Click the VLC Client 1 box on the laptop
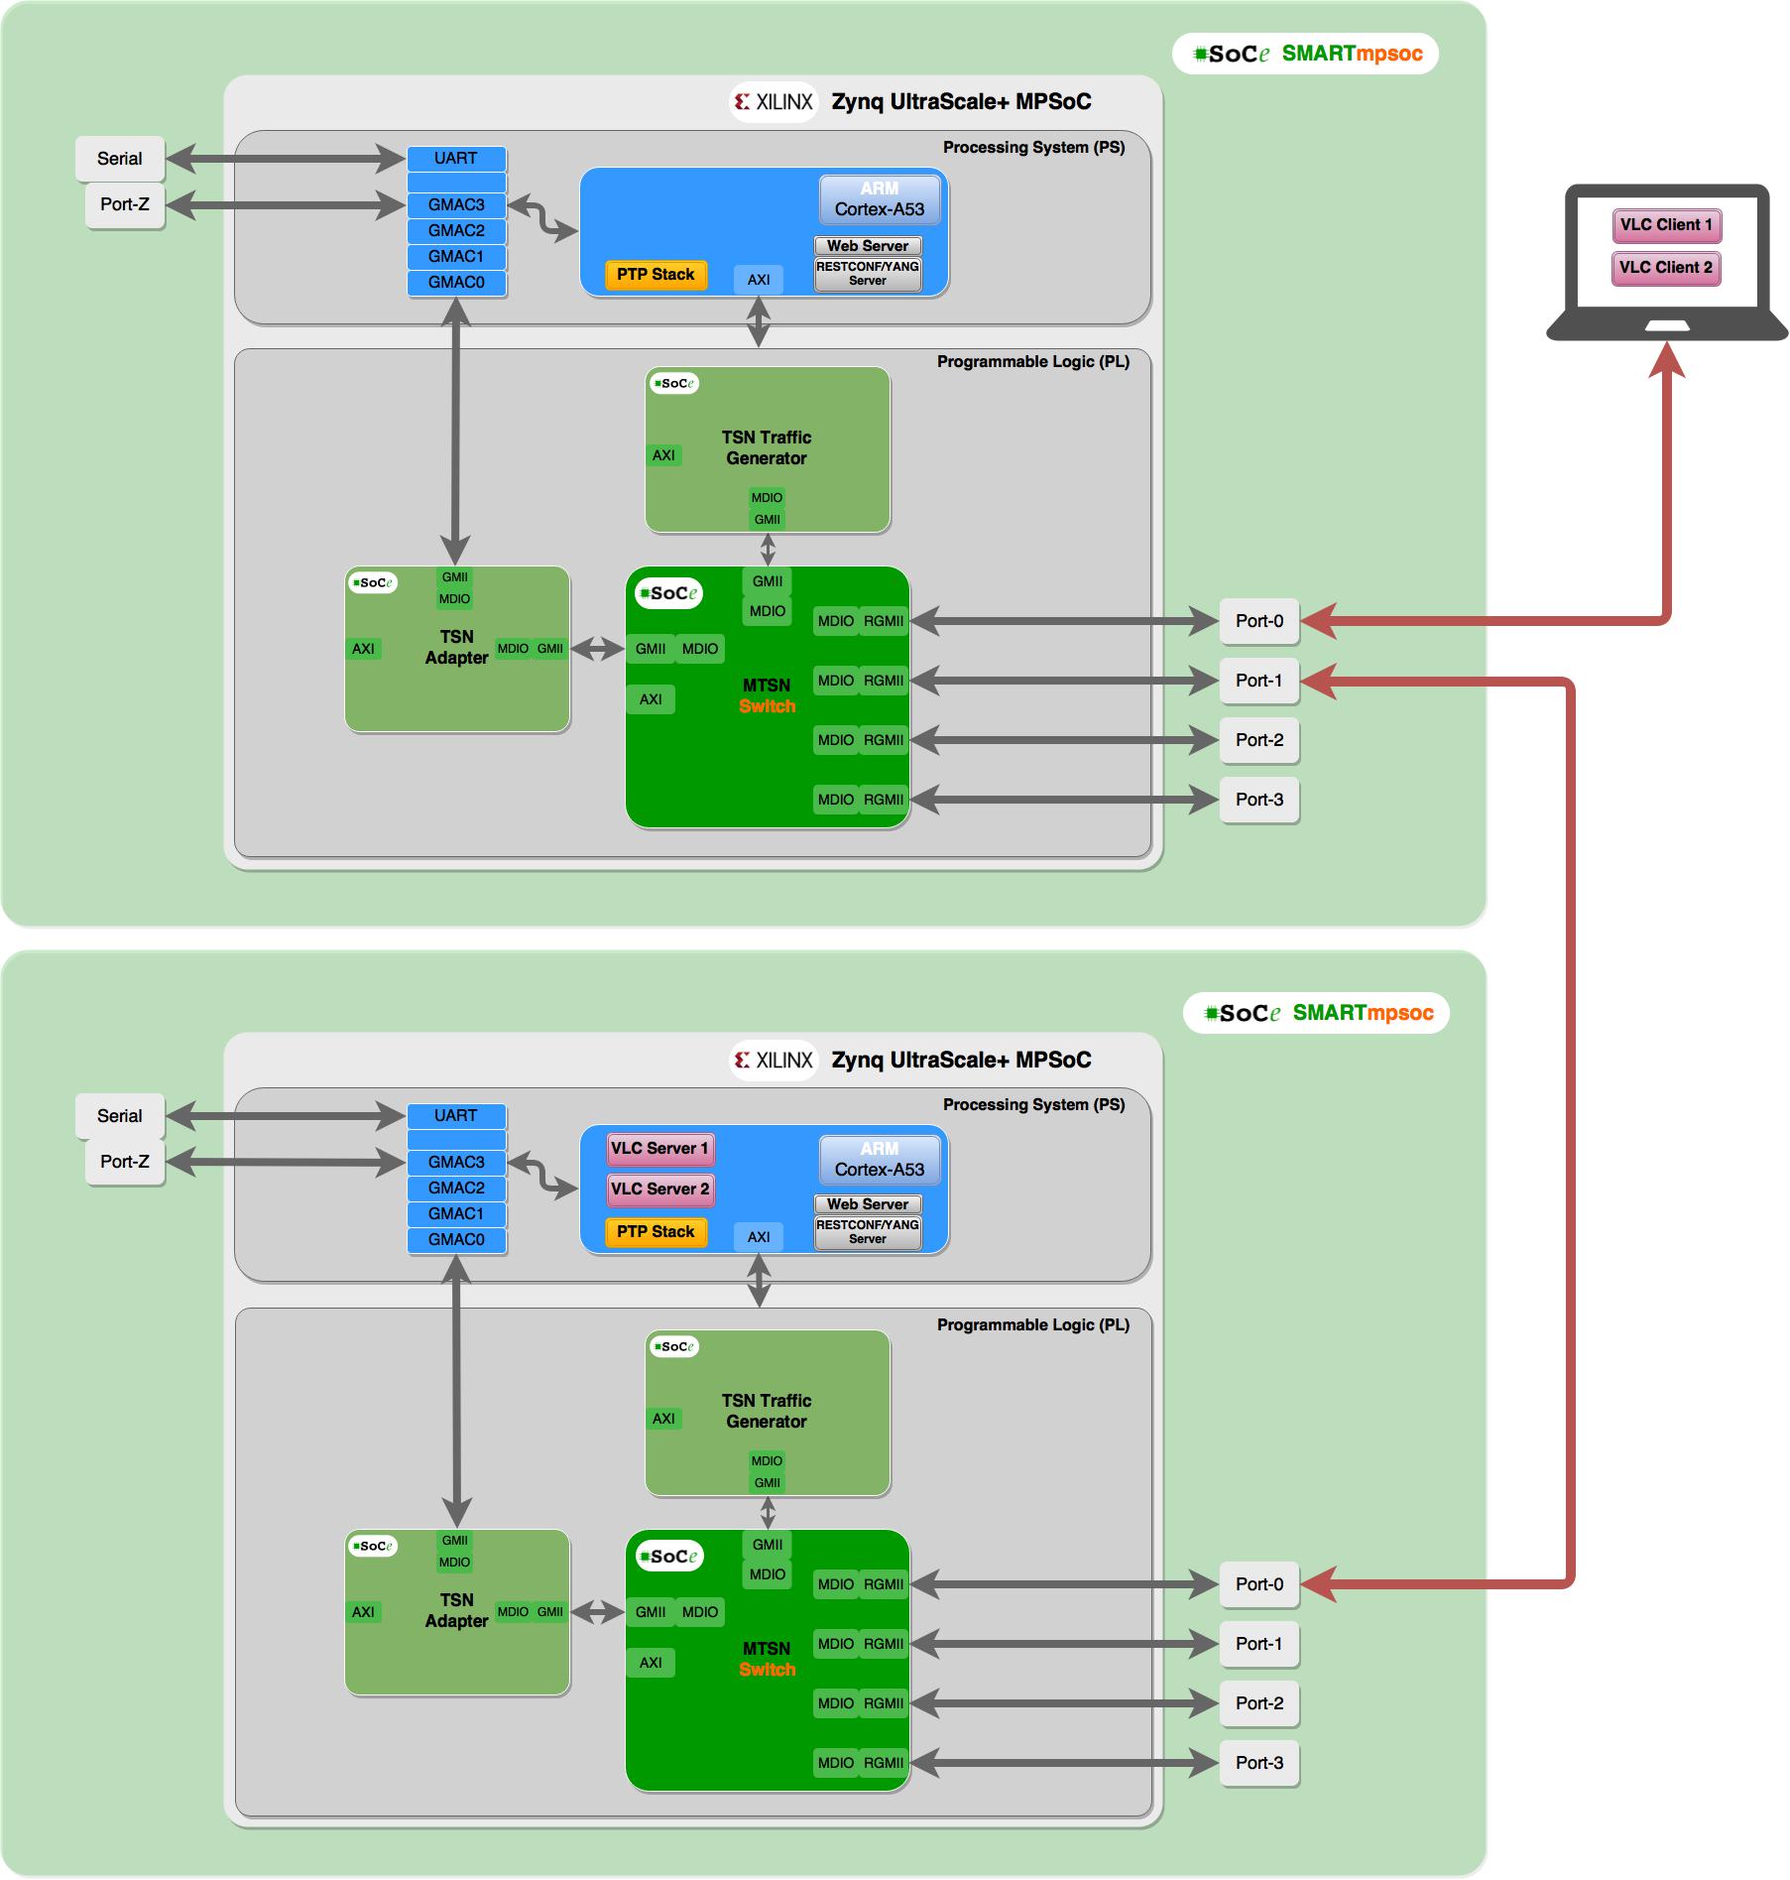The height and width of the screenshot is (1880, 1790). (1666, 225)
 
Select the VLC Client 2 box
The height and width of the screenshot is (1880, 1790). (1666, 268)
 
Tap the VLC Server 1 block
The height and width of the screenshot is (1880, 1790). (659, 1149)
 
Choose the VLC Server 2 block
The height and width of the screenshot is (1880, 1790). (659, 1190)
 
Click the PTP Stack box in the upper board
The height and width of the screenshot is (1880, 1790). (656, 275)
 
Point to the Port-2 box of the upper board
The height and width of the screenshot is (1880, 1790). (1259, 740)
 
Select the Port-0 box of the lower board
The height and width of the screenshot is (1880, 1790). (1259, 1584)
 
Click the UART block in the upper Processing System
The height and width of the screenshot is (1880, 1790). (456, 159)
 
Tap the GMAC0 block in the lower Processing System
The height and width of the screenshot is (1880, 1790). (456, 1240)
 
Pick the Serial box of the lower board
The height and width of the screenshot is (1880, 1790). (120, 1116)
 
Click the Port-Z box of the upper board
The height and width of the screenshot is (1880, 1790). (125, 205)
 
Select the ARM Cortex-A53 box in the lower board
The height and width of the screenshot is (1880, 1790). (880, 1160)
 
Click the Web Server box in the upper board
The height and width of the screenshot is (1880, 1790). (868, 246)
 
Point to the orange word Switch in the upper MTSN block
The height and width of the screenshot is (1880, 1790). (767, 706)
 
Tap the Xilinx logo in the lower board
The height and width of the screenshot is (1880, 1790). (774, 1061)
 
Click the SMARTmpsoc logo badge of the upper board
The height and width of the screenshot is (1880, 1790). (1305, 54)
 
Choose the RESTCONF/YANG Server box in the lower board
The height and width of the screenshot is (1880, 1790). (868, 1232)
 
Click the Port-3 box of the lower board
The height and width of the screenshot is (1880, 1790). (1259, 1763)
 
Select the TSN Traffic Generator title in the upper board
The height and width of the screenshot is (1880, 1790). (767, 448)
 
